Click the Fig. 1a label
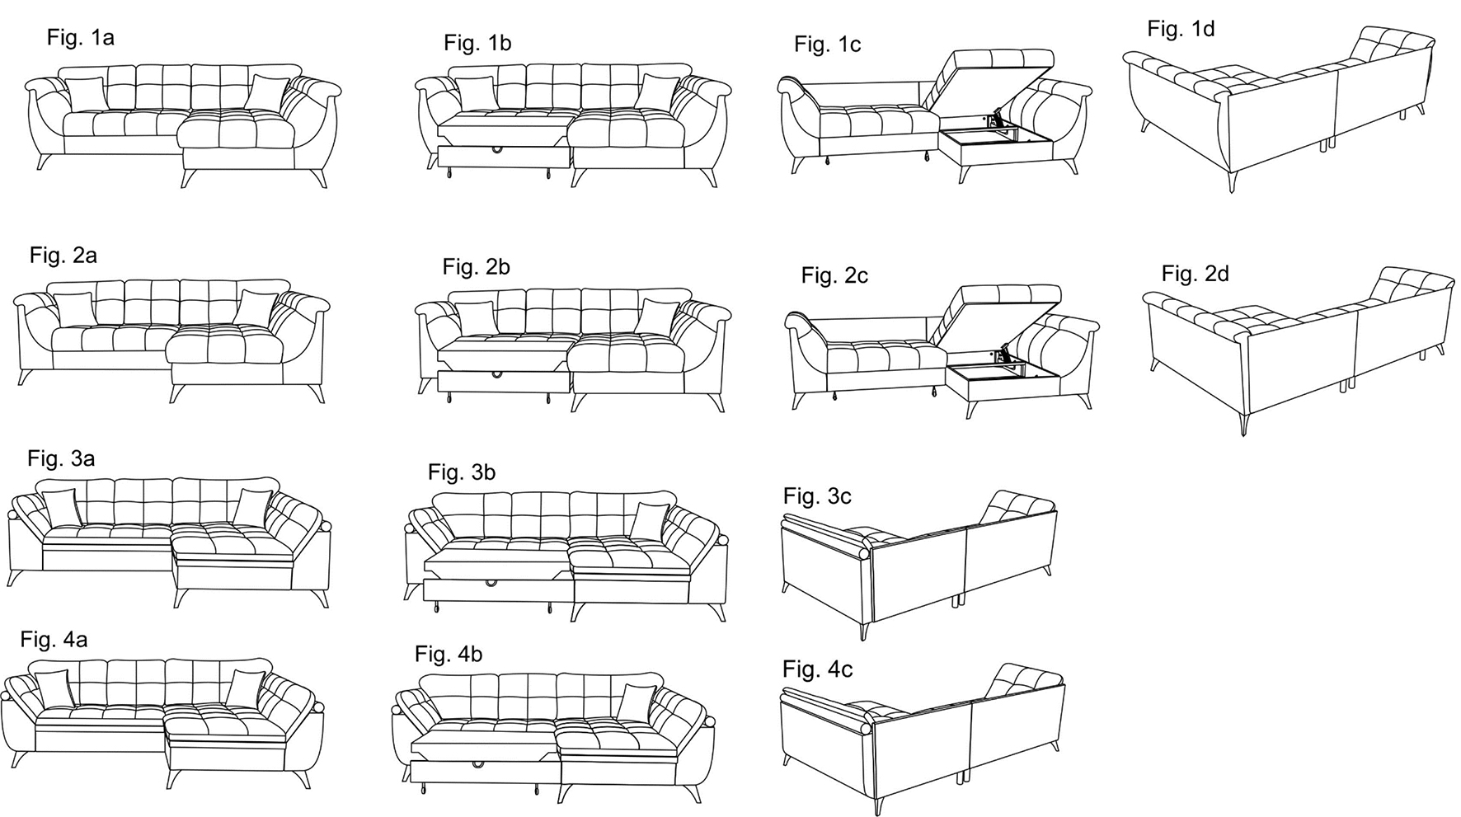coord(80,37)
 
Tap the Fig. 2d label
coord(1195,274)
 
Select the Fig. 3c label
coord(817,496)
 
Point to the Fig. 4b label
coord(449,655)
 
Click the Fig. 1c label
coord(827,45)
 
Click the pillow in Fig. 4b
coord(636,702)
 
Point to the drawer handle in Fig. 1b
coord(498,150)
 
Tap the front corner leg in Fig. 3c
coord(866,631)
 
